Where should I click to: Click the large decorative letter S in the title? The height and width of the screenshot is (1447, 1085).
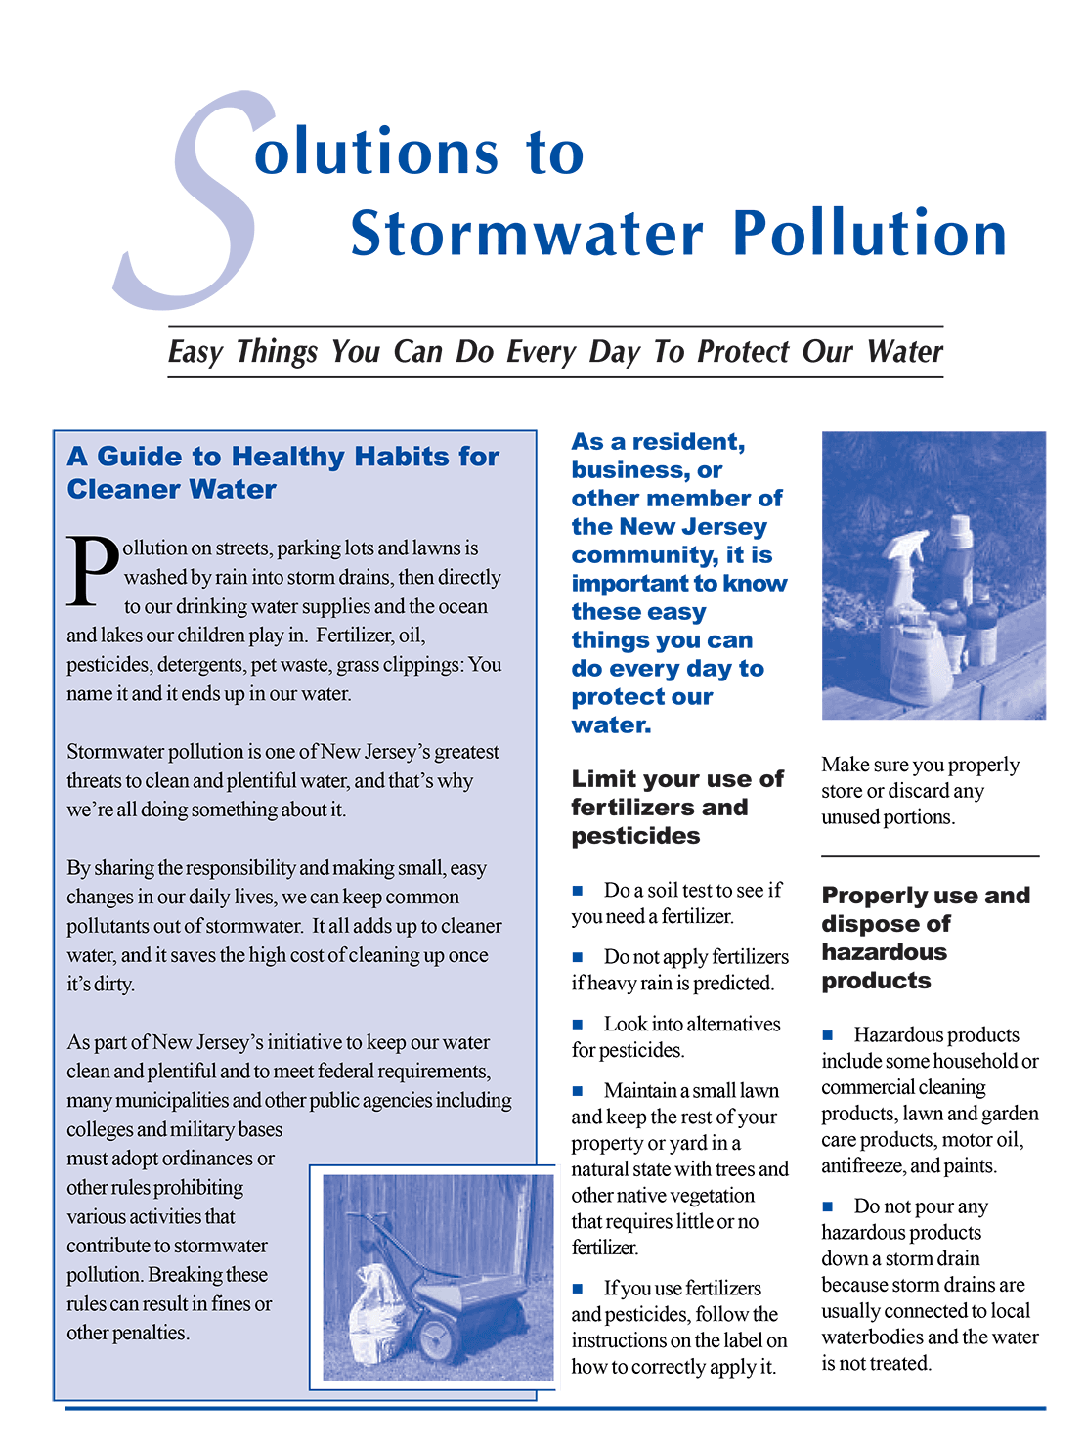pyautogui.click(x=191, y=200)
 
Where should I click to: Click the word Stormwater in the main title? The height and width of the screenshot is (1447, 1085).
pyautogui.click(x=527, y=234)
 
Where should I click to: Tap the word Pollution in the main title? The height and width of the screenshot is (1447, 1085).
pyautogui.click(x=869, y=234)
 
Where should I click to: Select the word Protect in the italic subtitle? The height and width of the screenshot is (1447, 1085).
pyautogui.click(x=742, y=351)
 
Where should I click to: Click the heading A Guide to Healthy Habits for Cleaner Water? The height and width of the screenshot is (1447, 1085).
pyautogui.click(x=282, y=472)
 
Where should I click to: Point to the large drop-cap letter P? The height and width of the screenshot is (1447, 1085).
pyautogui.click(x=92, y=570)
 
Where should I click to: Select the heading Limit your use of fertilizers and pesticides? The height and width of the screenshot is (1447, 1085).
pyautogui.click(x=676, y=808)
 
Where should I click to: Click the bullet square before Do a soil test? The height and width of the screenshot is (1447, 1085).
pyautogui.click(x=578, y=891)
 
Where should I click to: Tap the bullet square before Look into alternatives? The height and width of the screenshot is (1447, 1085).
pyautogui.click(x=578, y=1025)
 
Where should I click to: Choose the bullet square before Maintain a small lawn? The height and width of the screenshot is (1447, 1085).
pyautogui.click(x=578, y=1091)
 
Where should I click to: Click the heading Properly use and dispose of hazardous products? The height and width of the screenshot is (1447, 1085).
pyautogui.click(x=925, y=938)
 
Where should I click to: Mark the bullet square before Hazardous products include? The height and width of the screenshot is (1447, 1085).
pyautogui.click(x=828, y=1035)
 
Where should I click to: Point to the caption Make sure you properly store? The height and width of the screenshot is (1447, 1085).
pyautogui.click(x=920, y=791)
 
